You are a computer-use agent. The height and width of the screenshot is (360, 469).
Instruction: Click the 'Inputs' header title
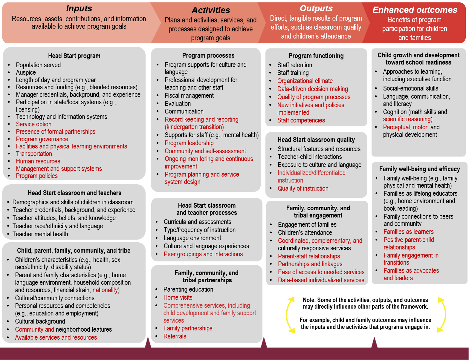point(79,8)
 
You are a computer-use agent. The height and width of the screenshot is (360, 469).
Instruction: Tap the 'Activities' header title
point(211,10)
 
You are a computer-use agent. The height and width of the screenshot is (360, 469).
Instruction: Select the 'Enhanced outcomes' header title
point(415,10)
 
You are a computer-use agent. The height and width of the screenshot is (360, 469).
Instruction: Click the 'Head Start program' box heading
point(74,56)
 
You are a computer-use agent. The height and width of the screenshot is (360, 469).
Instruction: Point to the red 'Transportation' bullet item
point(34,154)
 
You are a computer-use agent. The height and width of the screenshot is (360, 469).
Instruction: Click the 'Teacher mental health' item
point(40,234)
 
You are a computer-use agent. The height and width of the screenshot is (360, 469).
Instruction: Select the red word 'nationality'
point(105,290)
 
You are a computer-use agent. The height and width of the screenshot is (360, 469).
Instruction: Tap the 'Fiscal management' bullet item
point(189,96)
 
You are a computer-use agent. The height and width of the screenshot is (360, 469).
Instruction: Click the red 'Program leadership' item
point(189,143)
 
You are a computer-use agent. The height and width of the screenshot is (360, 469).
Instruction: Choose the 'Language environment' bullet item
point(192,238)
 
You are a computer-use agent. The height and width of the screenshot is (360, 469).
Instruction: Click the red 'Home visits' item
point(178,298)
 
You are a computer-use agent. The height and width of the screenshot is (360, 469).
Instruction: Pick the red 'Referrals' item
point(175,336)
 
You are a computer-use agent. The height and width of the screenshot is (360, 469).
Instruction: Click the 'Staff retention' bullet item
point(294,65)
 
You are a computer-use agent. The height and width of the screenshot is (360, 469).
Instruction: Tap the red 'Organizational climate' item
point(305,81)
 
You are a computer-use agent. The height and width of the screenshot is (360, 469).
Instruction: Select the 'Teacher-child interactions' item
point(309,157)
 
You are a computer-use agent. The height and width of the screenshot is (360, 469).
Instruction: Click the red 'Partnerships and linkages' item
point(310,264)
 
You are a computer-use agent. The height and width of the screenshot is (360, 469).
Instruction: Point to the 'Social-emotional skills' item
point(410,88)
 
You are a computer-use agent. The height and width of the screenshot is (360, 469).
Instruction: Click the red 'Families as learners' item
point(408,232)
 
